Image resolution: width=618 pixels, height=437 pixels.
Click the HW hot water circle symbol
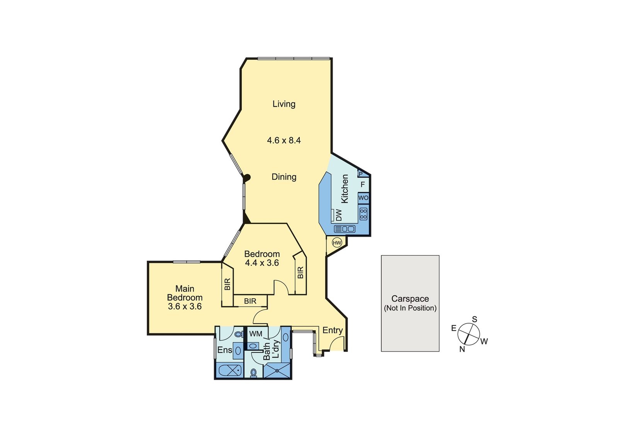[x=337, y=243]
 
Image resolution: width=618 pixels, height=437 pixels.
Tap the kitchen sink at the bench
[x=345, y=229]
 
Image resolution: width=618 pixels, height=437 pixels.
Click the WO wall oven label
[x=363, y=198]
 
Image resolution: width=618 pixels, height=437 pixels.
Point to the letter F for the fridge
[x=363, y=184]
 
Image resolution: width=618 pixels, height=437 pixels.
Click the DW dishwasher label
[x=339, y=215]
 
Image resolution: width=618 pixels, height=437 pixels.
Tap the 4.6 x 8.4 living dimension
[x=284, y=140]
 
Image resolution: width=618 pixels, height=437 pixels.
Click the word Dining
[x=284, y=177]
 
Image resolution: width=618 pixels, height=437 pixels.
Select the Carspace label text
[x=410, y=299]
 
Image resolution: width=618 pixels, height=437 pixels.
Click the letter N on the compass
[x=462, y=349]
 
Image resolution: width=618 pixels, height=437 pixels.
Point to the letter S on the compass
[x=475, y=319]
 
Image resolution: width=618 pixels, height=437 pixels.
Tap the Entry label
[x=333, y=330]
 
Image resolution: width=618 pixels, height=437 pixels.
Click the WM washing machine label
[x=255, y=334]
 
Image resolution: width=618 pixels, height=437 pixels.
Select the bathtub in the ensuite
[x=230, y=370]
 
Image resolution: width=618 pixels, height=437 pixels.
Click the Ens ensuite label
[x=224, y=350]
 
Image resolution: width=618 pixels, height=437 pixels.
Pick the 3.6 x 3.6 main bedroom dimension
[x=185, y=306]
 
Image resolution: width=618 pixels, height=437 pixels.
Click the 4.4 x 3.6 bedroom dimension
[x=262, y=263]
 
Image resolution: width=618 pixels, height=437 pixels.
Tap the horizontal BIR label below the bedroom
[x=250, y=301]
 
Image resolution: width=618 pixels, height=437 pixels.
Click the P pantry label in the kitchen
[x=360, y=174]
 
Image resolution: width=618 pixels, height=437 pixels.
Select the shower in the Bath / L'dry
[x=277, y=370]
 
